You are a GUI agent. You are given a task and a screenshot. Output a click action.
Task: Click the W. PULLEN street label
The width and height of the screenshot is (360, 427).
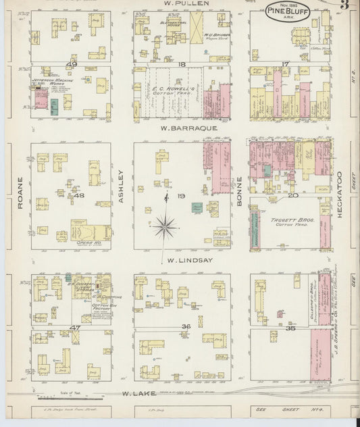click(179, 3)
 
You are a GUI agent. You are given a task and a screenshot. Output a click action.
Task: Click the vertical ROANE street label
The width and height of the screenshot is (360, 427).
click(20, 192)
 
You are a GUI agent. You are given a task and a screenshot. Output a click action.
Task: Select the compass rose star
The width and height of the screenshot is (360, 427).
click(165, 226)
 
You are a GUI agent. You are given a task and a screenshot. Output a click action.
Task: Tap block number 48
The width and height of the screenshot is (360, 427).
click(79, 196)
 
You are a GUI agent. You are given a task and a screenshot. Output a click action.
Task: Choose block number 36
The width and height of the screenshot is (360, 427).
click(186, 327)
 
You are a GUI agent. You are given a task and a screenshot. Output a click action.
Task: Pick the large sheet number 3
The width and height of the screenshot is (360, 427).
click(344, 5)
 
